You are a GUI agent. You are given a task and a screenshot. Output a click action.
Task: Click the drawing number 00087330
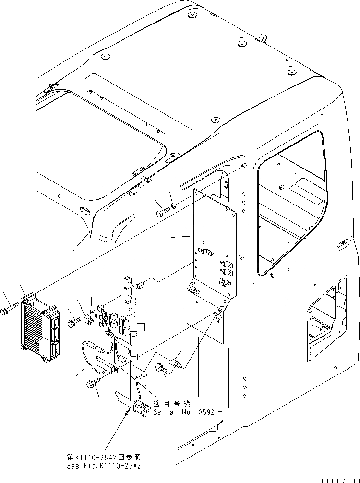click(336, 478)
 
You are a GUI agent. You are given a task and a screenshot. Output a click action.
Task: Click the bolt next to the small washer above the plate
click(162, 210)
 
